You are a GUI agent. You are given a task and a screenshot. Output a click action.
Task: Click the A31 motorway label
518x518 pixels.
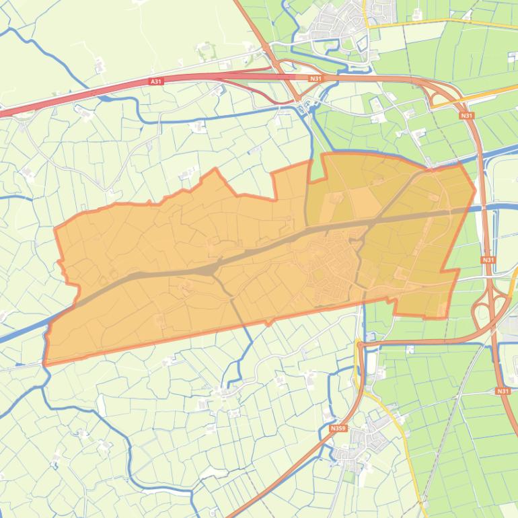click(156, 81)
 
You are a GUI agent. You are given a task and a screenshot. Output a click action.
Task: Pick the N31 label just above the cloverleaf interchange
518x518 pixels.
click(488, 260)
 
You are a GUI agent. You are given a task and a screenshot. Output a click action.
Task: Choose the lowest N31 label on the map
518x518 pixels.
click(503, 391)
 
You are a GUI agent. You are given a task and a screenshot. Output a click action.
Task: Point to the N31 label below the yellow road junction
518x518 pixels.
click(467, 116)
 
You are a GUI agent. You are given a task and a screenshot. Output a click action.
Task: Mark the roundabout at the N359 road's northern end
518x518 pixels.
click(360, 344)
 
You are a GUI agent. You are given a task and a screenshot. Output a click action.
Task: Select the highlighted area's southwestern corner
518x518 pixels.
click(46, 363)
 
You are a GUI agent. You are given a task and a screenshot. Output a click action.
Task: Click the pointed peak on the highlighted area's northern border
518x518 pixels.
click(215, 169)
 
